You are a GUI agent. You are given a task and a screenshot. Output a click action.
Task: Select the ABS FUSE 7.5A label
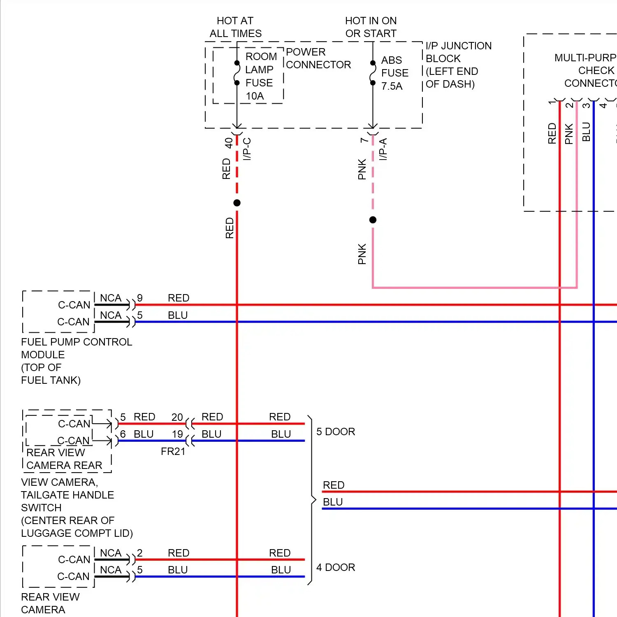tap(394, 73)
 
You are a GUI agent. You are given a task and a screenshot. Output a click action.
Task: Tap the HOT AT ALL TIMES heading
tap(235, 27)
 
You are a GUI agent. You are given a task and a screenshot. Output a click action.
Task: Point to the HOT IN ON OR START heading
tap(371, 27)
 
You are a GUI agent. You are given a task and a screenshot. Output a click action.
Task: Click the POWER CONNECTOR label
tap(318, 58)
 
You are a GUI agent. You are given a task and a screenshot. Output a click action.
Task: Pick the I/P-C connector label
tap(247, 149)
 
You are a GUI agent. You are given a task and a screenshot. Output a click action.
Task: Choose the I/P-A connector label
tap(383, 149)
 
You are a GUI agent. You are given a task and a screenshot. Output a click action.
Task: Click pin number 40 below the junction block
tap(229, 143)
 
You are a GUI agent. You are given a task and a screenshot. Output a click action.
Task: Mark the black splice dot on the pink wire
tap(373, 220)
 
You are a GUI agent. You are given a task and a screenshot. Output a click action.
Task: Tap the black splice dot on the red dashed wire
tap(237, 203)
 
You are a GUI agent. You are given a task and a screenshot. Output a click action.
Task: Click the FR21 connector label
tap(173, 452)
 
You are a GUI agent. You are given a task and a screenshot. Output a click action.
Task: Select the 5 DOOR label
tap(335, 431)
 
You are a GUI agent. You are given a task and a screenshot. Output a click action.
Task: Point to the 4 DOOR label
tap(335, 567)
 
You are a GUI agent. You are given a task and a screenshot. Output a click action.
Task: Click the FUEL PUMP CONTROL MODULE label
tap(76, 348)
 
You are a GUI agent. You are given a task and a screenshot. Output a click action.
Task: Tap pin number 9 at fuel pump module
tap(140, 298)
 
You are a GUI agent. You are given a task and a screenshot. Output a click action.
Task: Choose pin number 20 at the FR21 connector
tap(177, 417)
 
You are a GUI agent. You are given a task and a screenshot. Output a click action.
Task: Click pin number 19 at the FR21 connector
tap(177, 434)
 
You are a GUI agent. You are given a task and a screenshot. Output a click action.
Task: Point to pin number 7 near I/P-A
tap(364, 140)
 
